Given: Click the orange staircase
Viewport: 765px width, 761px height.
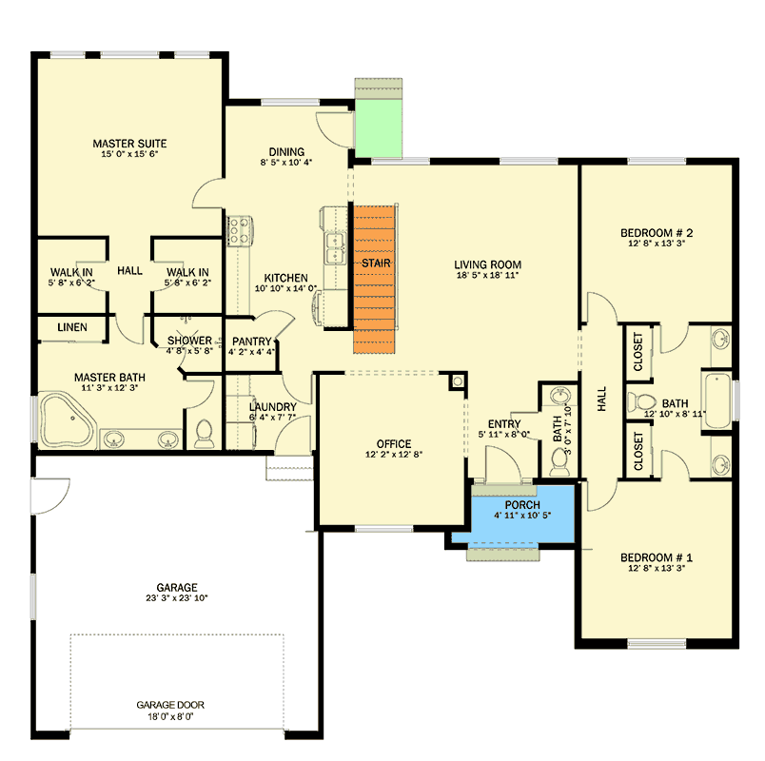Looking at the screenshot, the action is (374, 279).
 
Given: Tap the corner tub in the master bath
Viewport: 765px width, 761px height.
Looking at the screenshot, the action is (66, 420).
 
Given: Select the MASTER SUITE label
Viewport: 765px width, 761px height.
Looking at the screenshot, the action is (129, 144).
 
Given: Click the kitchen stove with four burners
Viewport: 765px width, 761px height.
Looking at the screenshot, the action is (240, 231).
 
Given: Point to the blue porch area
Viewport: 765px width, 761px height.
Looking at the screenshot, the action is (513, 515).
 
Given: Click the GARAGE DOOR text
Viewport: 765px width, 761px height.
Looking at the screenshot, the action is (170, 705).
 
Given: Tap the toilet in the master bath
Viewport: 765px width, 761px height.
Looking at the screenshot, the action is (204, 434).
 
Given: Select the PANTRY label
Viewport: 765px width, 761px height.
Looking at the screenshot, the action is (252, 341).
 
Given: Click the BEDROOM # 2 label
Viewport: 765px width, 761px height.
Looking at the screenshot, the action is (657, 233).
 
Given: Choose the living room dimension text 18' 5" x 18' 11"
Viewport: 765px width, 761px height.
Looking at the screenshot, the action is (487, 275).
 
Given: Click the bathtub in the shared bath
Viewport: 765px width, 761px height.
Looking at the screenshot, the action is (717, 401).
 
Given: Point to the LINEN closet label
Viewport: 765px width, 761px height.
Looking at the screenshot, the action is (72, 327).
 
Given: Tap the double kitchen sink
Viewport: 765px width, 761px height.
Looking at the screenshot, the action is (336, 249).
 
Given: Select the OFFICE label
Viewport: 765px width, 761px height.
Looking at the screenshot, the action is (394, 444).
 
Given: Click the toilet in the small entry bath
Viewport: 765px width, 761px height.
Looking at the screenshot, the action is (559, 462).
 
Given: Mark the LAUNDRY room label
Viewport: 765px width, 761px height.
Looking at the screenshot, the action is (273, 407).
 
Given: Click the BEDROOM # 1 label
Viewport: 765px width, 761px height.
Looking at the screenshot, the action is (657, 557).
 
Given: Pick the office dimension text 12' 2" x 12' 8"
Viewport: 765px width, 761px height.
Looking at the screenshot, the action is (394, 455).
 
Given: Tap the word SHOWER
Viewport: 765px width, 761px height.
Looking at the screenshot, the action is (189, 341).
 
